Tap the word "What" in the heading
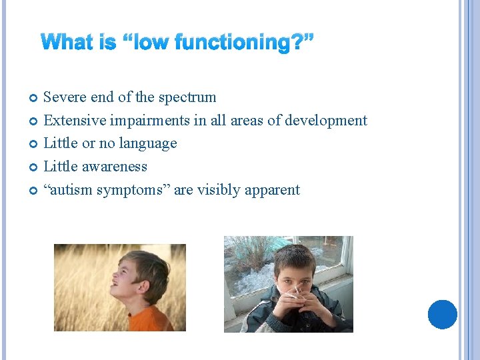69,43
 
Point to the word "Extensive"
73,121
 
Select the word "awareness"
115,167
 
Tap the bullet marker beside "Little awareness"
34,167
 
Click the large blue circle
442,314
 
